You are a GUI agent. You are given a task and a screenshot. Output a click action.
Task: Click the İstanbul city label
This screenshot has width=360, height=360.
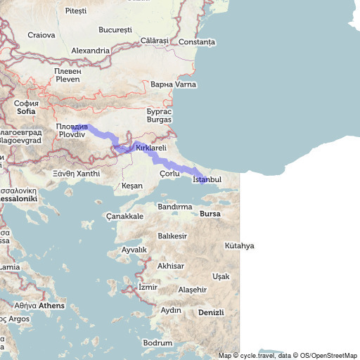click(x=207, y=180)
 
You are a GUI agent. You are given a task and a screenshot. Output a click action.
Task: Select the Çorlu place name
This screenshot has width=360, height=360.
click(x=170, y=173)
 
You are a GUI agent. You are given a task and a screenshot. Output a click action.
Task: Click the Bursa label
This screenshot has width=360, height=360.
click(x=210, y=213)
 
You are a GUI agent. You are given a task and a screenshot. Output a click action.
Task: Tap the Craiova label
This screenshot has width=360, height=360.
click(x=41, y=34)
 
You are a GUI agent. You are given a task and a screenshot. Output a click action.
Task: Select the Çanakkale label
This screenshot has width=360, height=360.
click(x=124, y=216)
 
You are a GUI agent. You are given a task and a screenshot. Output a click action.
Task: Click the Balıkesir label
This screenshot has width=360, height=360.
click(x=172, y=236)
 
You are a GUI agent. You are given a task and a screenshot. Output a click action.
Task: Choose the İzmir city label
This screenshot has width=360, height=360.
click(x=148, y=288)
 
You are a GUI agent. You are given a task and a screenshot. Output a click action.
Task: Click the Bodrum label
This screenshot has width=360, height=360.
click(x=157, y=342)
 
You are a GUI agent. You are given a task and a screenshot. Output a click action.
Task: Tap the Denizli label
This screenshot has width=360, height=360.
click(x=211, y=312)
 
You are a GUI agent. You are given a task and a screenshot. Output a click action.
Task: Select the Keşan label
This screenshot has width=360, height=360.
click(x=132, y=186)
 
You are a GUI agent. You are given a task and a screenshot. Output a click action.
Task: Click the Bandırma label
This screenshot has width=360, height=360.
click(x=175, y=207)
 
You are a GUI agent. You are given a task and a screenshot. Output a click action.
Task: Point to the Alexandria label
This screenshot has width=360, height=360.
click(x=91, y=51)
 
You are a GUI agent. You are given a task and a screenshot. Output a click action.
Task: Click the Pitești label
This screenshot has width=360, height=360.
click(x=75, y=11)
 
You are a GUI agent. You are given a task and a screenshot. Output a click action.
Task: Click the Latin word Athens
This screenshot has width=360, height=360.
click(x=51, y=306)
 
